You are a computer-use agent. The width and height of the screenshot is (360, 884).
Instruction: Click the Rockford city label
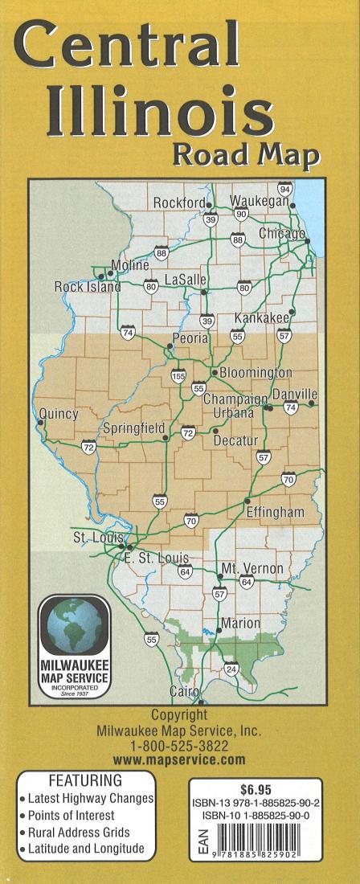coord(179,203)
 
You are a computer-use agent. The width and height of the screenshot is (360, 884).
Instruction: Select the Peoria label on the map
coord(190,338)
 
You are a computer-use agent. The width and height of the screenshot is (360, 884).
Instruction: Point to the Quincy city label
coord(59,414)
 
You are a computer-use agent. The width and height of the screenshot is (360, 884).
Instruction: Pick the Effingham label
coord(276,512)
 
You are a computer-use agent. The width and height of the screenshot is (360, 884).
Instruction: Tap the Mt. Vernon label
coord(252,568)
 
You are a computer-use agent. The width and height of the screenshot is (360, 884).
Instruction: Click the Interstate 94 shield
coord(284,188)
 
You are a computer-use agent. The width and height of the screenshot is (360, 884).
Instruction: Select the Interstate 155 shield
coord(178,375)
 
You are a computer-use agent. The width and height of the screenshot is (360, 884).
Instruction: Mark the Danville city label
coord(295,394)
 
